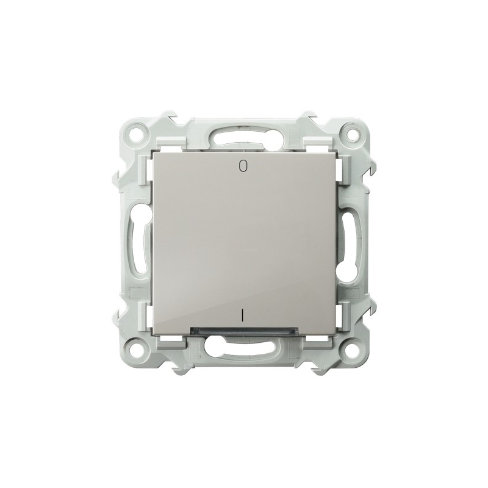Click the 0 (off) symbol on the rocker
click(x=243, y=166)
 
